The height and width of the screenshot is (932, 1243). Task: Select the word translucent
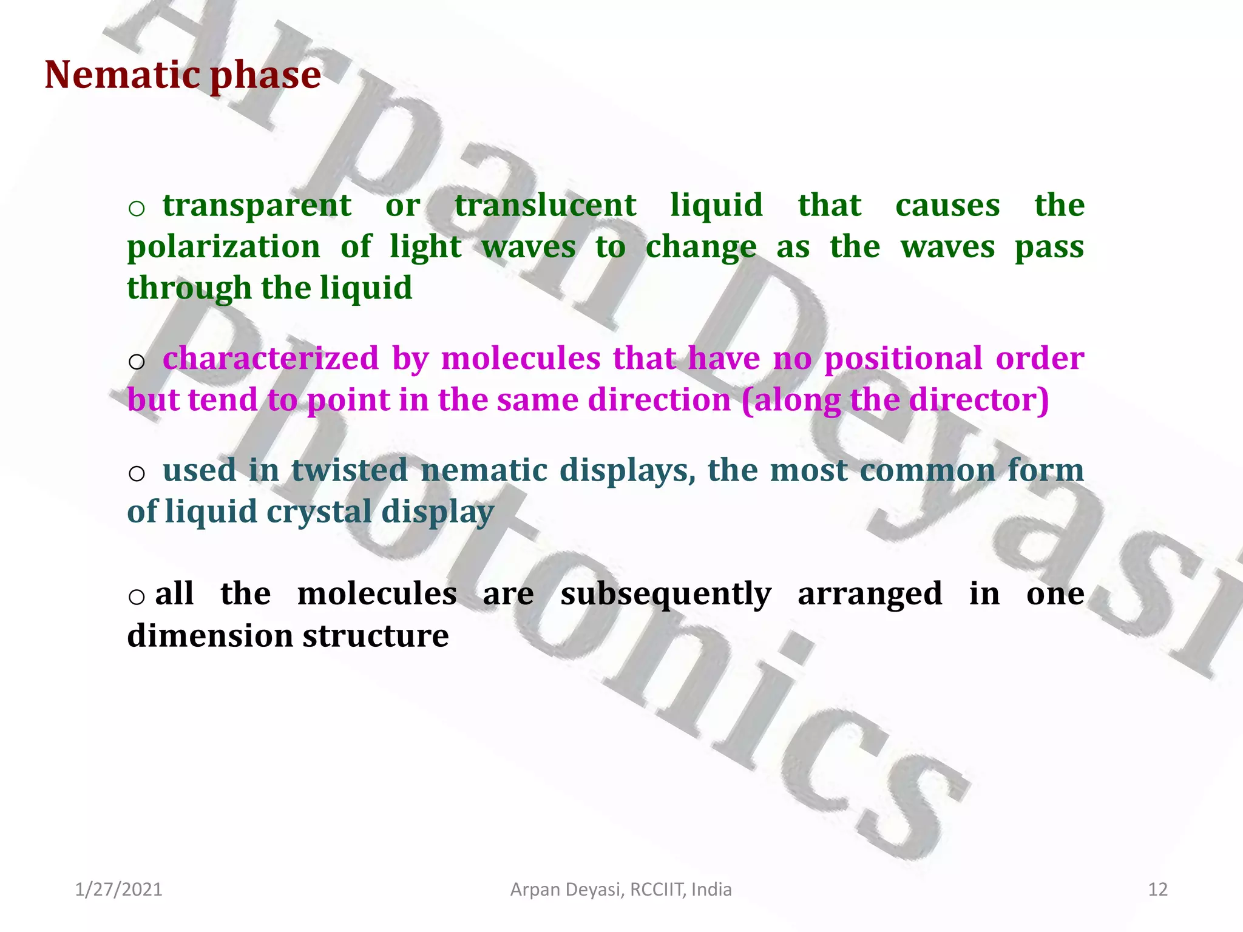pyautogui.click(x=545, y=205)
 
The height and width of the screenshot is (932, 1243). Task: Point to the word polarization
pyautogui.click(x=223, y=248)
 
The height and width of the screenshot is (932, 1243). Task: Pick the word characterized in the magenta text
pyautogui.click(x=271, y=359)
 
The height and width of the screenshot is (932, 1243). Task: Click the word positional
pyautogui.click(x=903, y=359)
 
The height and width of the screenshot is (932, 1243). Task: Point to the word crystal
pyautogui.click(x=319, y=512)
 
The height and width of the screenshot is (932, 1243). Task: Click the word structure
pyautogui.click(x=376, y=636)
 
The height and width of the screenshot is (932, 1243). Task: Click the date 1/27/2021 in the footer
pyautogui.click(x=118, y=890)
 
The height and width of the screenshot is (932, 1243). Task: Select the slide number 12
pyautogui.click(x=1157, y=890)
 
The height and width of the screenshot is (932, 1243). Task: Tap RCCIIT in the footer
pyautogui.click(x=657, y=890)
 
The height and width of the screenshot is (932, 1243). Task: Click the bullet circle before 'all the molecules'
pyautogui.click(x=137, y=597)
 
